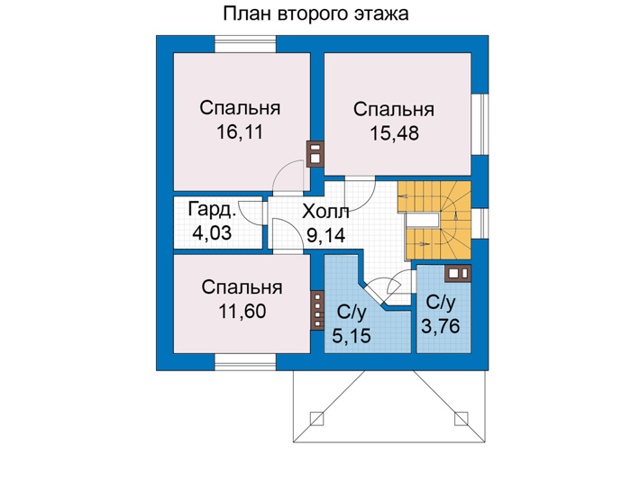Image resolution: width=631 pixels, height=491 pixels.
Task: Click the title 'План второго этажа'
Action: (315, 14)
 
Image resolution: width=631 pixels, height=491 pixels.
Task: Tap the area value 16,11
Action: (240, 132)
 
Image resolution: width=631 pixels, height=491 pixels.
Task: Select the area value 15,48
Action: (395, 133)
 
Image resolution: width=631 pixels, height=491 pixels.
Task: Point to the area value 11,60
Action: (242, 311)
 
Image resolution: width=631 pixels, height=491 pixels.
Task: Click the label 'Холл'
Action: (325, 212)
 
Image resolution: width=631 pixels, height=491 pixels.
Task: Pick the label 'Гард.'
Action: (212, 210)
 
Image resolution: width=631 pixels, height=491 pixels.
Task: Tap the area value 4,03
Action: (212, 232)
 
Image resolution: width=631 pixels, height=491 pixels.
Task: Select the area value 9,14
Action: (326, 235)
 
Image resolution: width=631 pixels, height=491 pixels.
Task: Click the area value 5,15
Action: (352, 335)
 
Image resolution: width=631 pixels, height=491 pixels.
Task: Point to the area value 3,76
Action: (441, 326)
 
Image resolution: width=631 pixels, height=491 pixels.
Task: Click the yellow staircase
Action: (435, 220)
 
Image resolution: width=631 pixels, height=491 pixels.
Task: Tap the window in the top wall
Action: (245, 44)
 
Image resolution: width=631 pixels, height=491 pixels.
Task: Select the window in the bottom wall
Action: (245, 362)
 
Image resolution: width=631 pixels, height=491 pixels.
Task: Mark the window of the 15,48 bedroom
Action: (480, 124)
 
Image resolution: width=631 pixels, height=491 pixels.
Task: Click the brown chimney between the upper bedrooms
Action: (315, 154)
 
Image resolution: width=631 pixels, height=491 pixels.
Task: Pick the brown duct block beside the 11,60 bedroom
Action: (317, 310)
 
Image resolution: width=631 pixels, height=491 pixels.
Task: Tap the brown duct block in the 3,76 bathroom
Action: (458, 273)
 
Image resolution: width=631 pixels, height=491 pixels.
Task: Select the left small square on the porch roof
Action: (316, 418)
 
